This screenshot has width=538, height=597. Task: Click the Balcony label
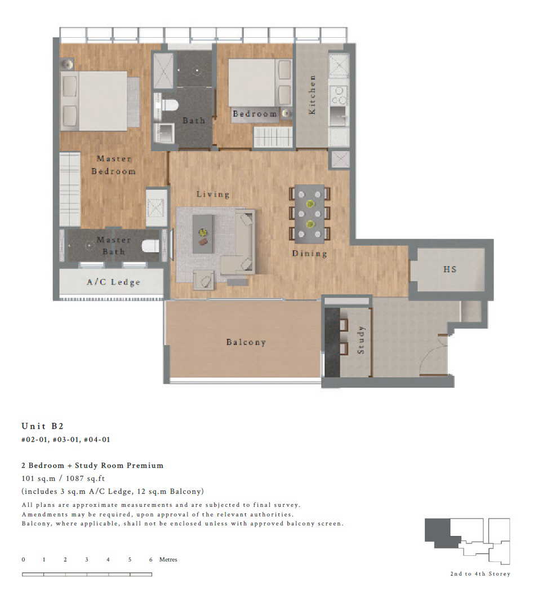tap(246, 342)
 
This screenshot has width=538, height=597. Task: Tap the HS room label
tap(450, 269)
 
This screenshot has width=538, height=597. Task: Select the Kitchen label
tap(312, 95)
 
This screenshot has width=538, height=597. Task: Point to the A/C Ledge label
tap(113, 282)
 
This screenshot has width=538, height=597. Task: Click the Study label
tap(361, 339)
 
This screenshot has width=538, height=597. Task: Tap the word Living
tap(213, 194)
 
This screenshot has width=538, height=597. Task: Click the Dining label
tap(309, 254)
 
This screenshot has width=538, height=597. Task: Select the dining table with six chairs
tap(310, 214)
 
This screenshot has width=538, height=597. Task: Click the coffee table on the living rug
tap(203, 234)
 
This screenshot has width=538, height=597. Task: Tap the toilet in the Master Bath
tap(150, 246)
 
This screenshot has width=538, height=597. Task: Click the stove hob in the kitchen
tap(338, 95)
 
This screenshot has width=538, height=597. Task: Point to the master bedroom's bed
tap(100, 101)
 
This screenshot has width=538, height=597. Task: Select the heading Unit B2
tap(43, 426)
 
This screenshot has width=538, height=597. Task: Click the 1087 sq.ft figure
tap(85, 478)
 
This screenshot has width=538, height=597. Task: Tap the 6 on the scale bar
tap(150, 559)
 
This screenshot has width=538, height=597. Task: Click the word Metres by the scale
tap(168, 559)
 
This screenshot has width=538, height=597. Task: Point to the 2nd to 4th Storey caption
tap(480, 574)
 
